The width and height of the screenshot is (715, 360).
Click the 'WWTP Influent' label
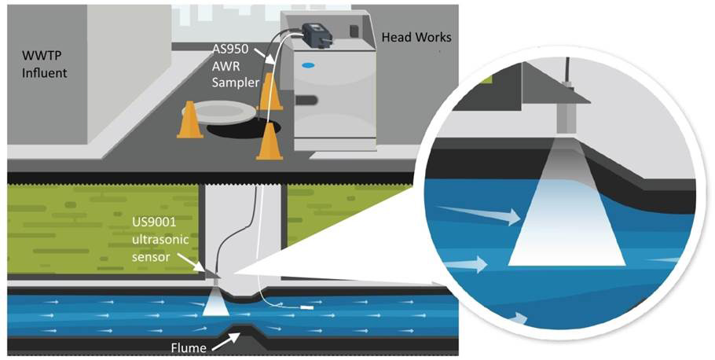click(x=42, y=67)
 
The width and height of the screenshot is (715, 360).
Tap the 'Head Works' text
click(x=416, y=37)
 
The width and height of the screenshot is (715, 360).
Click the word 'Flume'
click(x=190, y=347)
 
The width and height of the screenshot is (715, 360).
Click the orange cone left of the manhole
click(x=189, y=120)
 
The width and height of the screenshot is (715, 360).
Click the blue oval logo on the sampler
click(x=309, y=65)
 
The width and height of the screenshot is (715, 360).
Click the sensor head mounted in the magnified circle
click(x=566, y=118)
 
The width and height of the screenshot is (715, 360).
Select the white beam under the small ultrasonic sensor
click(x=214, y=303)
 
